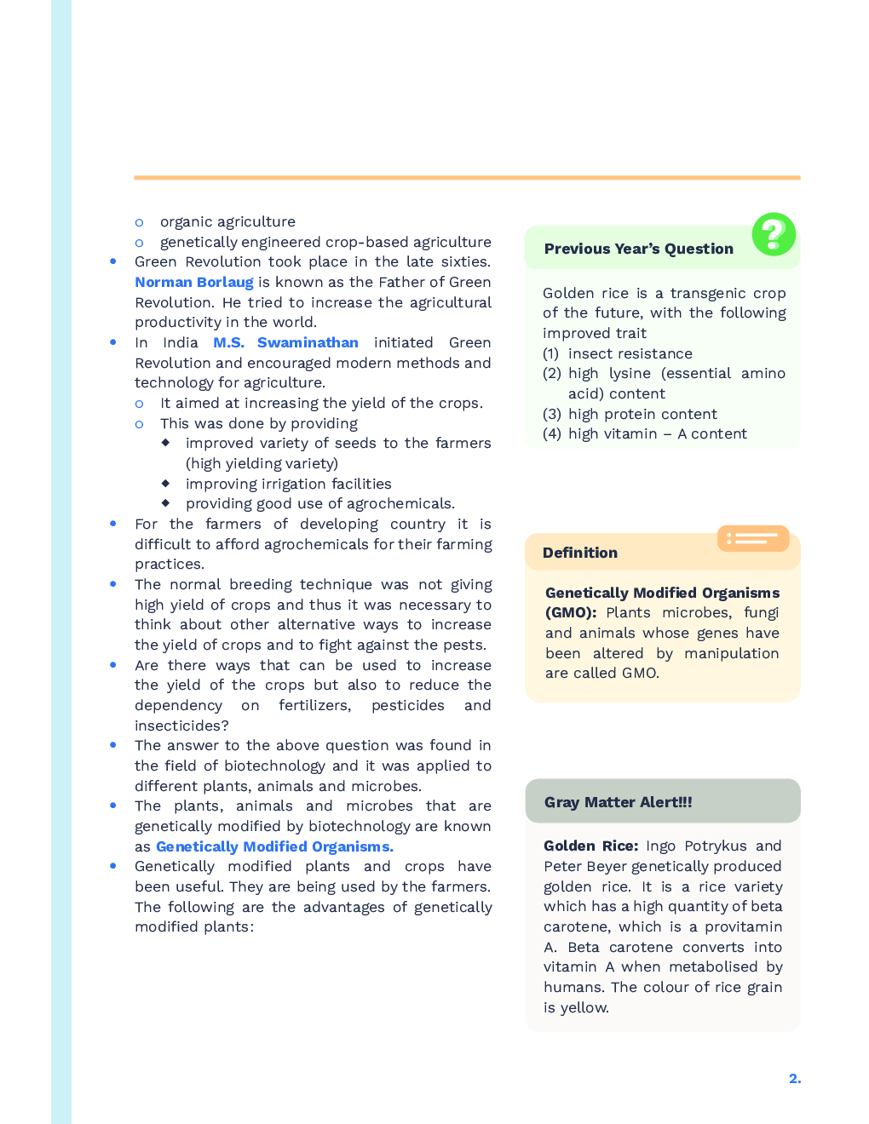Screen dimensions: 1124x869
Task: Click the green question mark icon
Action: [x=774, y=234]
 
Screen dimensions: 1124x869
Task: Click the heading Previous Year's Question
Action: [x=638, y=249]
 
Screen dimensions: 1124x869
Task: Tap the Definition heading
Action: [x=579, y=553]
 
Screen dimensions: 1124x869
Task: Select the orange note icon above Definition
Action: [x=753, y=538]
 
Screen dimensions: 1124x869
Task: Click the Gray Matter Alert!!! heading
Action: [x=618, y=802]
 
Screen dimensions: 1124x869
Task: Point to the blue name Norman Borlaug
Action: [x=194, y=282]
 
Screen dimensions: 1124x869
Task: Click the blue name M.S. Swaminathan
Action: [x=285, y=342]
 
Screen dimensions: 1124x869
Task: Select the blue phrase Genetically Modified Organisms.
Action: [x=274, y=846]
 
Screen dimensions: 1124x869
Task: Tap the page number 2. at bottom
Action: [x=794, y=1078]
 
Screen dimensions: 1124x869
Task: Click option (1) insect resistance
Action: [x=618, y=353]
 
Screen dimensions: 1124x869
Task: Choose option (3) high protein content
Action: [x=630, y=414]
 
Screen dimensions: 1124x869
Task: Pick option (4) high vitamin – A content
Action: [x=645, y=433]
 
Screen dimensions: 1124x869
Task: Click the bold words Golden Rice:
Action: [x=590, y=846]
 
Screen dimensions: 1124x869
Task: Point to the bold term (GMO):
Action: [x=571, y=612]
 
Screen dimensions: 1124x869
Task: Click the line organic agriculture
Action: [x=227, y=221]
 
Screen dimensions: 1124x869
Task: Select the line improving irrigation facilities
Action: [x=288, y=484]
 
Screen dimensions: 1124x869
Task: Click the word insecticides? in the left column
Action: [x=181, y=725]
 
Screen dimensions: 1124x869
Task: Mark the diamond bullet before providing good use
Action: [x=165, y=503]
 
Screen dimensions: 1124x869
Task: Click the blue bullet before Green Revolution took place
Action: [x=112, y=261]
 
